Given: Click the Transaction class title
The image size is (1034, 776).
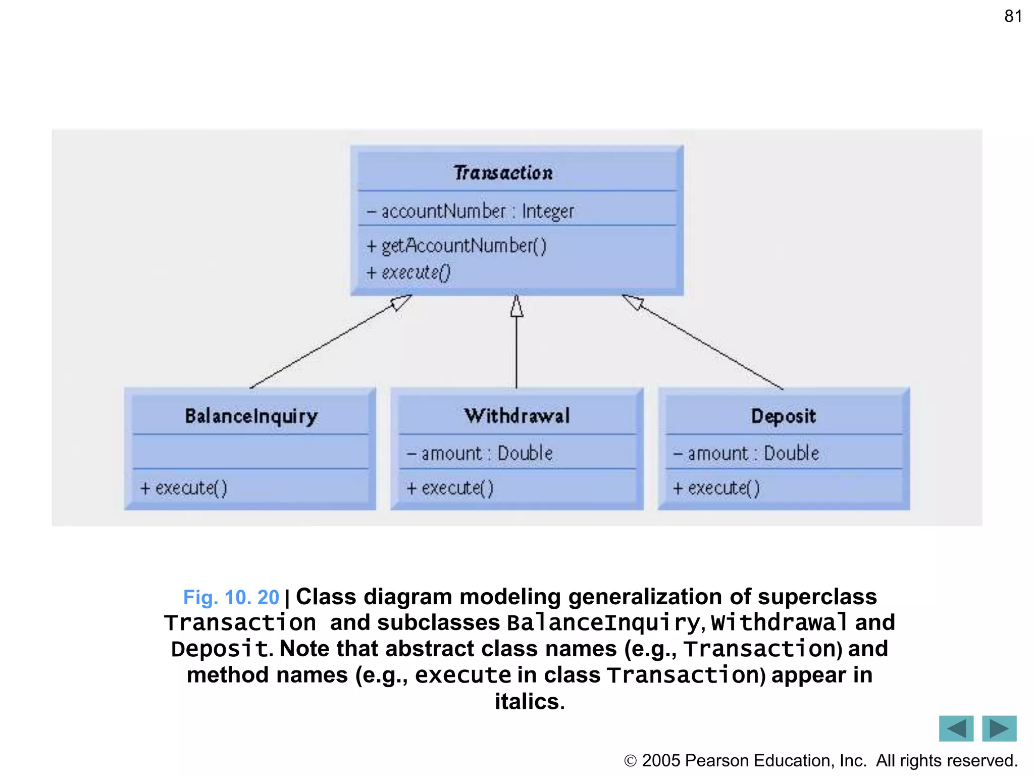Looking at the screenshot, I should pos(503,173).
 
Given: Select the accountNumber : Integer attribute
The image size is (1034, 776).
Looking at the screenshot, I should pos(471,211).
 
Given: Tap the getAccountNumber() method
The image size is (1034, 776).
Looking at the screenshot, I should pos(457,246).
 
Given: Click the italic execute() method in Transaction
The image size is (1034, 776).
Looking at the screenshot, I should pos(409,273).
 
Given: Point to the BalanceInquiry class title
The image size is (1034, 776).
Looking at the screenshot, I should pos(251,416).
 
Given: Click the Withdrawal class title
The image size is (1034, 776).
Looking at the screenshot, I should pos(517,416).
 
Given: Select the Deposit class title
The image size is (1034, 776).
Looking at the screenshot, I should pos(783,416).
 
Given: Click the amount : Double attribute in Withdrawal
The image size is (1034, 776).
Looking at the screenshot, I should pos(480,453).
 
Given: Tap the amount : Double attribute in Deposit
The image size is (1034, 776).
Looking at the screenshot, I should pos(746,453).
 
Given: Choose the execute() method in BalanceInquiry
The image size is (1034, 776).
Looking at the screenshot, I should pos(184,488).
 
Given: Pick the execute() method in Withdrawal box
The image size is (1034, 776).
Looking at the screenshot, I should pos(450,488).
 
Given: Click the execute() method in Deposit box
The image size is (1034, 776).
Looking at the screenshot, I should pos(716,488).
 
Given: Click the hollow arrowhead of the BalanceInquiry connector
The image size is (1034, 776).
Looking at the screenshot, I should pos(401,302).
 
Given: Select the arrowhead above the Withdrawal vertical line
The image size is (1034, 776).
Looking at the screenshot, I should pos(516,307).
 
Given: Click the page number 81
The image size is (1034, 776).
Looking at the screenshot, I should pos(1013,16).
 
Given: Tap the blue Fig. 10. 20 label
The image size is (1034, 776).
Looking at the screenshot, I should pos(231,598).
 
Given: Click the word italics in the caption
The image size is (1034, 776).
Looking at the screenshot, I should pos(529,702).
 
